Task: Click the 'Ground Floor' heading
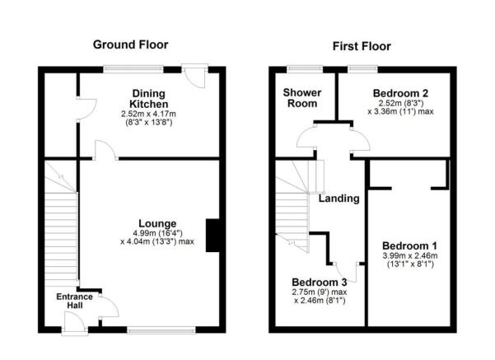(131, 44)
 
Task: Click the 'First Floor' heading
(362, 45)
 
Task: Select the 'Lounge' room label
(156, 222)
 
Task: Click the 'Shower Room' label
(301, 98)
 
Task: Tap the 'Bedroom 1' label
(409, 245)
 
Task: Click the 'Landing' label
(339, 199)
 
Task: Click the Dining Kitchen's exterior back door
(195, 76)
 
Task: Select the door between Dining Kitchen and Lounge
(105, 151)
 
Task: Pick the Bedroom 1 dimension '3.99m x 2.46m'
(409, 256)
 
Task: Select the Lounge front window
(161, 330)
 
